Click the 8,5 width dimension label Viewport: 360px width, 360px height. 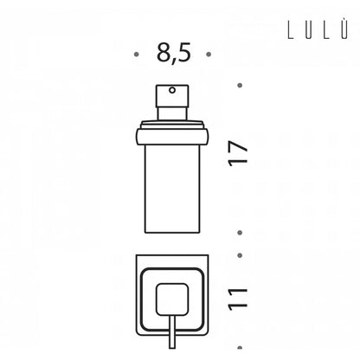tap(174, 54)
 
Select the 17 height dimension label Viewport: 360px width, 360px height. tap(238, 153)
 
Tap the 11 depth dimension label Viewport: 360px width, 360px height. tap(238, 299)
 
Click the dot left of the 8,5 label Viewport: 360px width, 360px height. tap(137, 54)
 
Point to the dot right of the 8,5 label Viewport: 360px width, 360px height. tap(209, 54)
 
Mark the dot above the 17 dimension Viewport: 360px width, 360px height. tap(240, 86)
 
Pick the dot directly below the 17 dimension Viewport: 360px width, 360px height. tap(240, 233)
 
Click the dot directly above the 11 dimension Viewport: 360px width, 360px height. tap(240, 255)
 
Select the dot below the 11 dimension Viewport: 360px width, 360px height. tap(240, 348)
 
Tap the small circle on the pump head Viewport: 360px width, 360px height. tap(172, 91)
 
